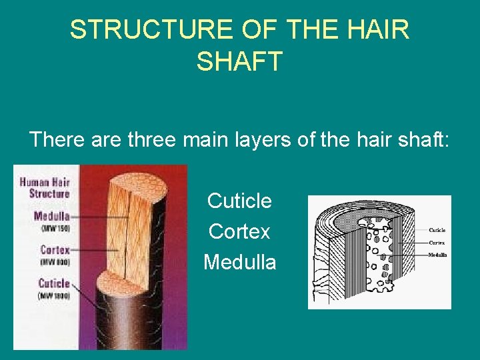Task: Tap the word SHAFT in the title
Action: pos(240,61)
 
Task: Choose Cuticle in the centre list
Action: pos(239,200)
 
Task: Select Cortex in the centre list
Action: pos(239,231)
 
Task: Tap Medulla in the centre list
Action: pos(239,262)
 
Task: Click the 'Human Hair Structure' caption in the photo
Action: pos(45,187)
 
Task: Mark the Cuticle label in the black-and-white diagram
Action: pos(437,231)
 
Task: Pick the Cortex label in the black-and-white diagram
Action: pos(437,243)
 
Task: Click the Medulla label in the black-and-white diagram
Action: pos(437,255)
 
